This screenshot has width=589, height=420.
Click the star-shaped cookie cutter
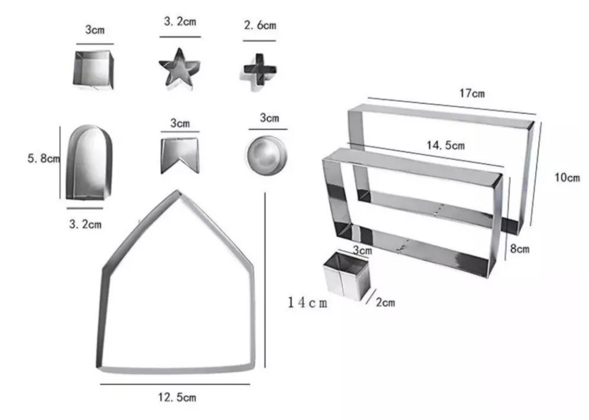click(179, 69)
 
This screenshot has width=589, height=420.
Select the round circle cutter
click(267, 155)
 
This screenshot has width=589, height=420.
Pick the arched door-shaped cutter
click(89, 162)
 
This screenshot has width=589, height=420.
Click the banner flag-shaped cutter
click(180, 155)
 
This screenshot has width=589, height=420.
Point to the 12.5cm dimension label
click(177, 397)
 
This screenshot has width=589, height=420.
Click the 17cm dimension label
click(472, 93)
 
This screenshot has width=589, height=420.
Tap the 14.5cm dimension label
click(446, 145)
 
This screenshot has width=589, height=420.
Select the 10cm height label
click(567, 178)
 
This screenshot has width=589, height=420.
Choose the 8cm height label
click(519, 248)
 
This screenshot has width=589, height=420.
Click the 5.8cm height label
click(44, 158)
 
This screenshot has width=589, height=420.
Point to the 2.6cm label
click(260, 25)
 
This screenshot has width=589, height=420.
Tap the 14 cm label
click(308, 303)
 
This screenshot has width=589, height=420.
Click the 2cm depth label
click(385, 303)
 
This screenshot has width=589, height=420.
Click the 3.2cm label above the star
click(180, 21)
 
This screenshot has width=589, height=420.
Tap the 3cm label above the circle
click(270, 118)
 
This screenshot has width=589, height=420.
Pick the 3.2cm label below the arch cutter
click(85, 224)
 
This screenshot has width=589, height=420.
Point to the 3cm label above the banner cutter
click(180, 123)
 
